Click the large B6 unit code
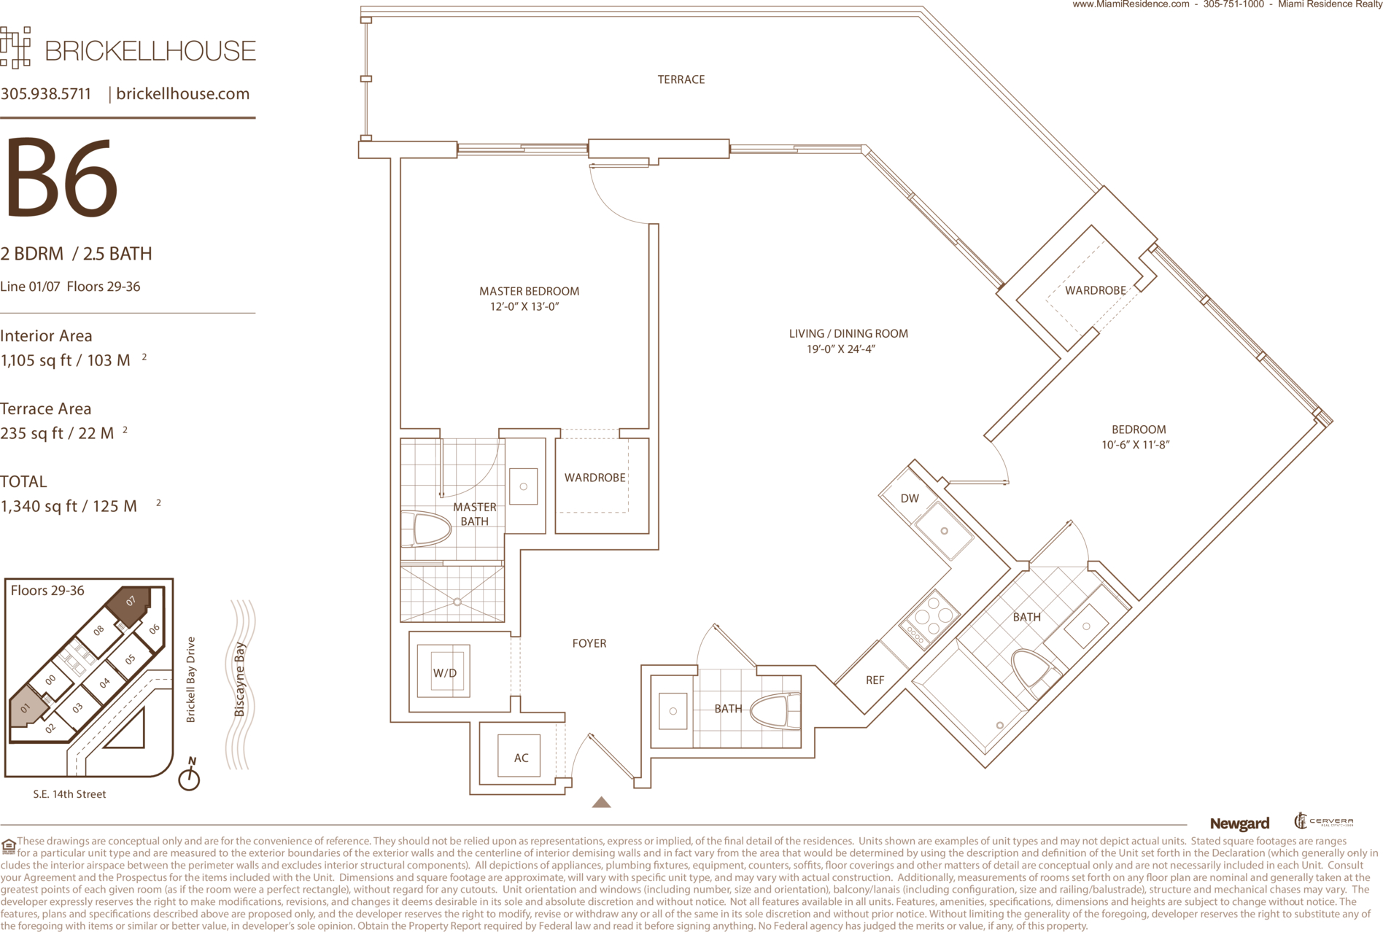61,178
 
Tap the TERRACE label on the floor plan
681,79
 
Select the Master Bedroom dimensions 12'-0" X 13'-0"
525,307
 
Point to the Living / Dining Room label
848,333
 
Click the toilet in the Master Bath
426,529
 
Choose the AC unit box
521,756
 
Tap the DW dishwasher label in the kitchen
910,499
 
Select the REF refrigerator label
875,680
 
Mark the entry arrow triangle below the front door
601,802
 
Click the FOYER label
589,643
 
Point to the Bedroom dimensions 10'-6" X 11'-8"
1136,445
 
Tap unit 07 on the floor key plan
130,605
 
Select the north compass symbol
190,774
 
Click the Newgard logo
1239,824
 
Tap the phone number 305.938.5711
46,93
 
